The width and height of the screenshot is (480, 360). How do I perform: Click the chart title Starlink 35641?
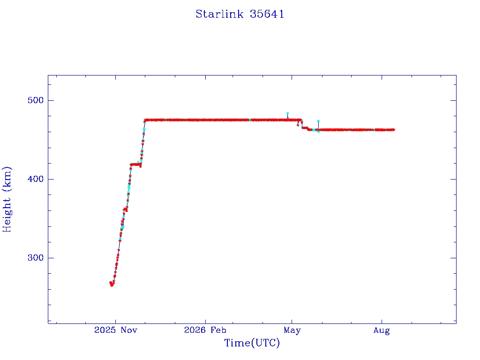240,14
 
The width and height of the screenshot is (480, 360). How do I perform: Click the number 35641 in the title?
267,14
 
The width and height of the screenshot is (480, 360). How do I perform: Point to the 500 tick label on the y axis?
36,100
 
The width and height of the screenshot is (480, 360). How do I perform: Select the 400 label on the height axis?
36,179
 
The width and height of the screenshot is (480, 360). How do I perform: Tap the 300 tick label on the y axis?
36,258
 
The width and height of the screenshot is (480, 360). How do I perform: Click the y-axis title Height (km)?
7,199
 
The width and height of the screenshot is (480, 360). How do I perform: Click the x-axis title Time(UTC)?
252,343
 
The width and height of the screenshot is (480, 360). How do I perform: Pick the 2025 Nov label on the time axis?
116,330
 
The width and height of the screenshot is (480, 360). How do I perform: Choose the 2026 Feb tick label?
205,330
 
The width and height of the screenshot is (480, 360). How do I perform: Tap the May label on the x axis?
292,330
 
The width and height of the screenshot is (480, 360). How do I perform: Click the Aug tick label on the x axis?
382,330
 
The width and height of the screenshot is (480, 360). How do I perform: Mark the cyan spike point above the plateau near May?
287,113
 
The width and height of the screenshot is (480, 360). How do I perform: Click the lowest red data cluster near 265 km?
112,284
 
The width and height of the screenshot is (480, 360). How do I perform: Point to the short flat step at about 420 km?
135,165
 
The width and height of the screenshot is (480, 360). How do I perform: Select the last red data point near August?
393,130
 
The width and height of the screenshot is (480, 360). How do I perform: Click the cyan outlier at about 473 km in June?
318,121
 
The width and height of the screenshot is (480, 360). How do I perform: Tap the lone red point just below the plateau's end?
298,125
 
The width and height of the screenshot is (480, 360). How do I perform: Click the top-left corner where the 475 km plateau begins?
145,120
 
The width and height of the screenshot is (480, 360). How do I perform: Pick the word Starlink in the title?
219,14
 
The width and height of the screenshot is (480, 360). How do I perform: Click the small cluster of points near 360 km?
125,210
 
